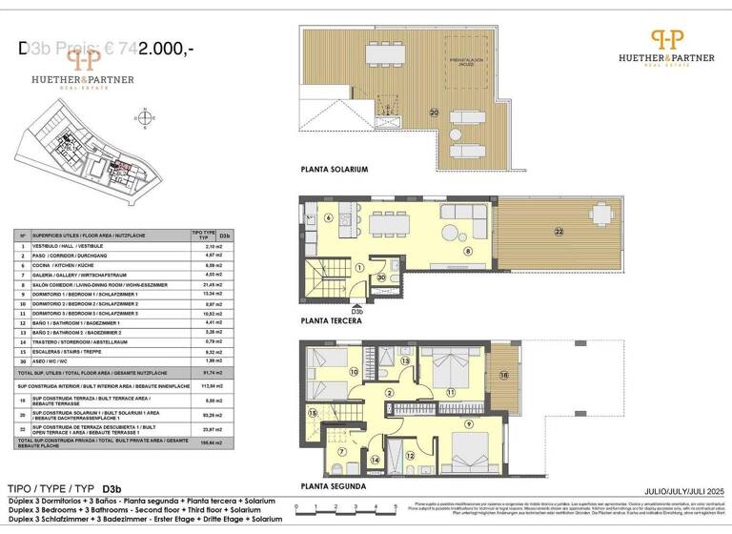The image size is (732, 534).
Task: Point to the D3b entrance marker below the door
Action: [x=356, y=311]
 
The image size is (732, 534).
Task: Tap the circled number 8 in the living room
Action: [x=468, y=251]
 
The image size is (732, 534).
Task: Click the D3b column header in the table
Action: [x=225, y=235]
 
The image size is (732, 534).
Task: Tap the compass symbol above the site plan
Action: [x=144, y=118]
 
